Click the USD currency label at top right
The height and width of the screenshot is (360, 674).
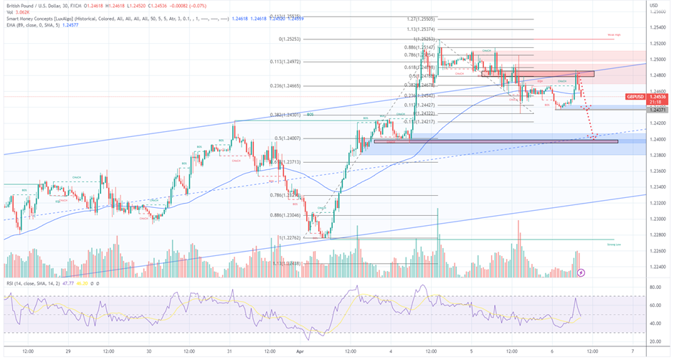coord(654,6)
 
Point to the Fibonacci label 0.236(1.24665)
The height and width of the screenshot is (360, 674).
coord(283,85)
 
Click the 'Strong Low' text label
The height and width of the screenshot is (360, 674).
coord(614,245)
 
